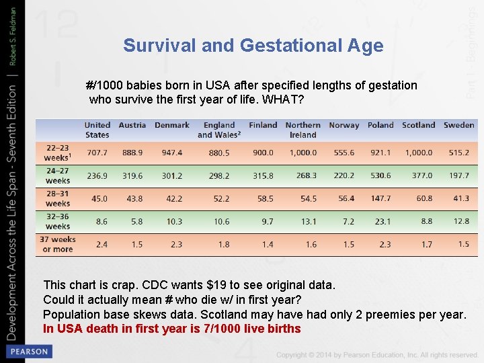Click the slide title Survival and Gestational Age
click(x=253, y=46)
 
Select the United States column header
click(x=97, y=130)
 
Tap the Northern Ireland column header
click(x=302, y=130)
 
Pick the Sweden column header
click(x=458, y=125)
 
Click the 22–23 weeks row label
click(x=58, y=153)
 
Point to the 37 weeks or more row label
click(x=58, y=244)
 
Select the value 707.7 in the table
click(x=97, y=153)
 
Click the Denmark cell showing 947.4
click(x=172, y=153)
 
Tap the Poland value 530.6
click(x=380, y=176)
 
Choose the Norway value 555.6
click(x=344, y=153)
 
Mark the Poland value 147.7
click(x=380, y=199)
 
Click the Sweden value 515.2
click(x=458, y=153)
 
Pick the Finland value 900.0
click(x=263, y=153)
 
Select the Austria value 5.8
click(x=137, y=221)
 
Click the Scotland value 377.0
click(x=421, y=176)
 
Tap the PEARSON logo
click(x=28, y=352)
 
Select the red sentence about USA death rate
click(x=171, y=329)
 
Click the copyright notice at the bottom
click(x=376, y=354)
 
